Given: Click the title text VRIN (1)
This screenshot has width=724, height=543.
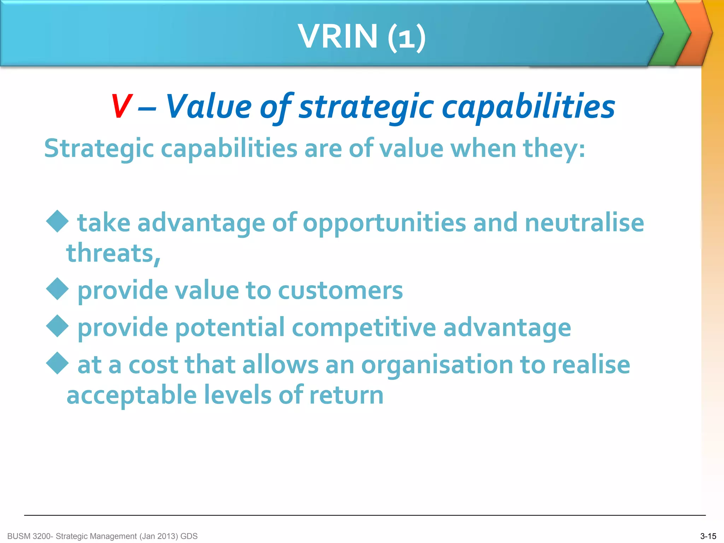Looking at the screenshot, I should [x=362, y=36].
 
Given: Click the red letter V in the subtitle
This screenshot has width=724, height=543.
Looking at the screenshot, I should [x=121, y=106].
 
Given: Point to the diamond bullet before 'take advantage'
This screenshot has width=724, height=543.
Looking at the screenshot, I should [x=57, y=221].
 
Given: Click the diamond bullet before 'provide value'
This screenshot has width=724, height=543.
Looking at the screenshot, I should [x=57, y=289].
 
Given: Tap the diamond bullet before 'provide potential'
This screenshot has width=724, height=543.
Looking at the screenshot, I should [x=57, y=326].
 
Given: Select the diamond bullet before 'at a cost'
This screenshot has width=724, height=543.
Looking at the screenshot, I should [x=57, y=363].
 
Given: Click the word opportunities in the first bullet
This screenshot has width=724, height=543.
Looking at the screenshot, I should [x=384, y=223].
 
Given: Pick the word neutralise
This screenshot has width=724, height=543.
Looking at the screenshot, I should [x=584, y=223].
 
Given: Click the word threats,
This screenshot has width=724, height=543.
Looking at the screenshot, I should [x=113, y=253].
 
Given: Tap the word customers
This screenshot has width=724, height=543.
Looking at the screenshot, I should [x=340, y=291].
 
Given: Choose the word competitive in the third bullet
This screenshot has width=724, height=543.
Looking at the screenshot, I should [x=364, y=328].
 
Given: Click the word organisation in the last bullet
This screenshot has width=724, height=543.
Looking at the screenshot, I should [x=437, y=365].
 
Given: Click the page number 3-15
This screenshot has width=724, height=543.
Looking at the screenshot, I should [x=708, y=536].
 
